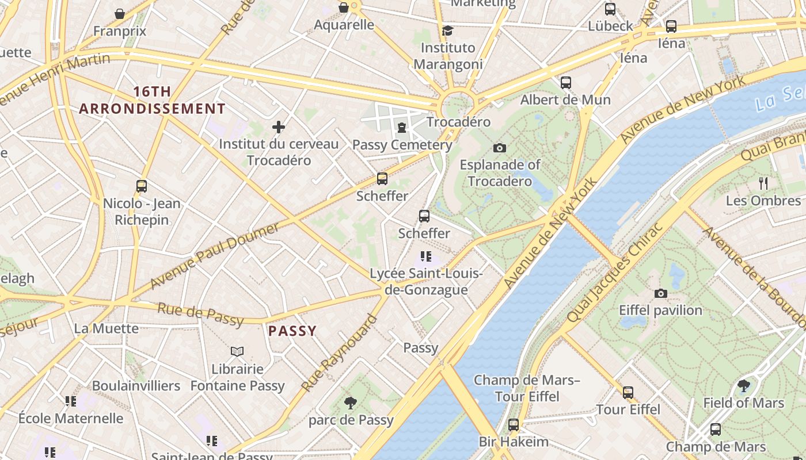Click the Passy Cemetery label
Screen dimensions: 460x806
point(402,145)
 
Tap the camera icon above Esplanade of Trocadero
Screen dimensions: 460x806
point(500,148)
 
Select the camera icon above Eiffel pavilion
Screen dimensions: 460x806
point(661,293)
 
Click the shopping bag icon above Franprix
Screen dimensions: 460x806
point(120,13)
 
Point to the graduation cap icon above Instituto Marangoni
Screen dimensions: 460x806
point(447,30)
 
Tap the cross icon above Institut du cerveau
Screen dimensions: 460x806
point(279,126)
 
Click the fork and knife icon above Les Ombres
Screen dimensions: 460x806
point(763,183)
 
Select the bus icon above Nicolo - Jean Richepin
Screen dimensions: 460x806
point(142,186)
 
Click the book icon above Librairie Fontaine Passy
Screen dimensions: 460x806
point(237,351)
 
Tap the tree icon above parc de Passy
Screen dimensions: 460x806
point(350,402)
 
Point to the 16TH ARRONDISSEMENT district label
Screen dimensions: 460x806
point(152,100)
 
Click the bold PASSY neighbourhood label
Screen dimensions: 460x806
point(292,331)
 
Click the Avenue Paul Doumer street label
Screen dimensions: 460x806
point(215,256)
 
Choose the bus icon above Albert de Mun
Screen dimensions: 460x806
point(566,82)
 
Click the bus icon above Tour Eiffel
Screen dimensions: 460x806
point(628,393)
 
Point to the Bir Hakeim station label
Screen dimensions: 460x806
point(514,442)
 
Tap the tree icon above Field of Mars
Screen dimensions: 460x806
point(743,385)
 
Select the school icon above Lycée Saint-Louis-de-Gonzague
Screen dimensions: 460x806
point(426,256)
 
